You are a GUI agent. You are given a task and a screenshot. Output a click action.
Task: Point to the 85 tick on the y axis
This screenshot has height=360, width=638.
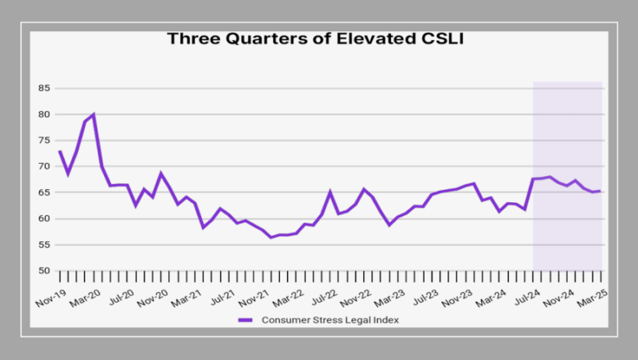click(43, 88)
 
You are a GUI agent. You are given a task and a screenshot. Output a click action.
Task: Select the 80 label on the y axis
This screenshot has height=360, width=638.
click(43, 114)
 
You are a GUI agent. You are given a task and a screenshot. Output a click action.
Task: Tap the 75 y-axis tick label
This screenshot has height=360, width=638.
click(43, 140)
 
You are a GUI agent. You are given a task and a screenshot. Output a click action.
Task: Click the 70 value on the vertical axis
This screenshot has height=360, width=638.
click(43, 166)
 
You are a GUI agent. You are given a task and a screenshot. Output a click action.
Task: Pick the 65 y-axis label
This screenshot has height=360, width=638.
click(43, 192)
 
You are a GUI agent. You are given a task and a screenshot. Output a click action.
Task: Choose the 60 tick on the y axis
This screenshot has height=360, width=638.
click(43, 218)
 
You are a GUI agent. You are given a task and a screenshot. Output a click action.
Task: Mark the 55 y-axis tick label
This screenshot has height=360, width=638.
click(43, 245)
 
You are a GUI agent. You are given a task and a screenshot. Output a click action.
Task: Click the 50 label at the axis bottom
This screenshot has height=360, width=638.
click(43, 271)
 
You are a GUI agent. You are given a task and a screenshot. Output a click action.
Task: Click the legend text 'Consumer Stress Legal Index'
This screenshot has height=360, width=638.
click(330, 320)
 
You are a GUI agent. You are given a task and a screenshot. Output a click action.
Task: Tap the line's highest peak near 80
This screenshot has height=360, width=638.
click(93, 115)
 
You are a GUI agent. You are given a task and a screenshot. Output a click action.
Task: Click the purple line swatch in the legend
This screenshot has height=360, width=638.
click(246, 320)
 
